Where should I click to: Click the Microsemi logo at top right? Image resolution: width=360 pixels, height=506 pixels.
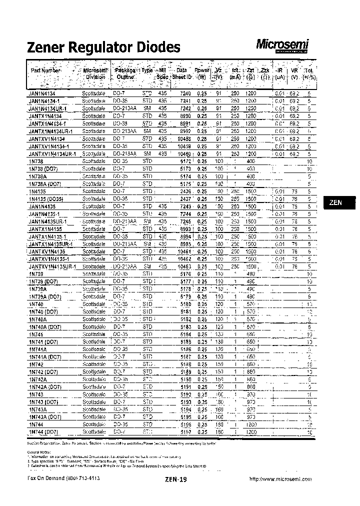click(x=283, y=45)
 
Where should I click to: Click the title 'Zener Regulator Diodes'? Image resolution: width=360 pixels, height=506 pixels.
click(x=102, y=47)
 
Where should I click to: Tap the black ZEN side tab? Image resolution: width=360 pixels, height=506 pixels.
click(x=336, y=202)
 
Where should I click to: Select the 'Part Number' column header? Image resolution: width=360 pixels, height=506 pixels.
click(x=45, y=70)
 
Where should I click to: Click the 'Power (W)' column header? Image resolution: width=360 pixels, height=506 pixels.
click(x=202, y=74)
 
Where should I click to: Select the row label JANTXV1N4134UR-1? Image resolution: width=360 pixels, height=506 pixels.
click(x=52, y=154)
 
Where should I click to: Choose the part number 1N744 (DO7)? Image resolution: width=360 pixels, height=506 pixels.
click(x=44, y=431)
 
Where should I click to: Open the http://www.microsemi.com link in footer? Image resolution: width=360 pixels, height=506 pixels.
click(x=280, y=478)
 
